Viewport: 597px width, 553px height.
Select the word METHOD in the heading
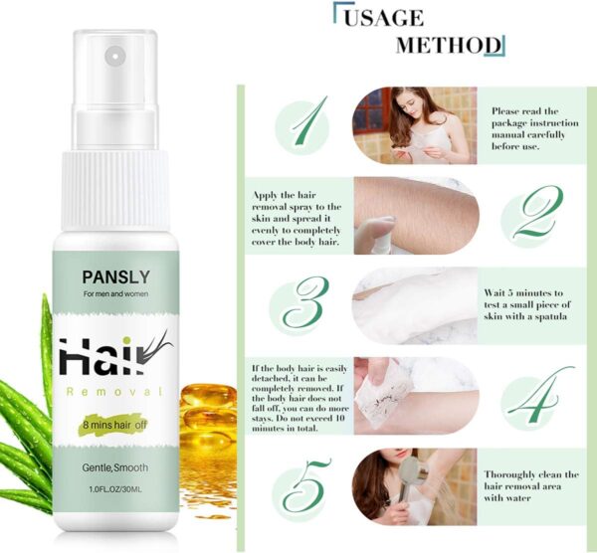tap(447, 46)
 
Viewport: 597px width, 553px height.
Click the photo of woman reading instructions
tap(415, 125)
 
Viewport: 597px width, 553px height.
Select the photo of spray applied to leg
tap(415, 215)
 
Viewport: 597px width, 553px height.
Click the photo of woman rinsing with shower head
tap(415, 485)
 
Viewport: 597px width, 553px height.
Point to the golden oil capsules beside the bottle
tap(209, 418)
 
